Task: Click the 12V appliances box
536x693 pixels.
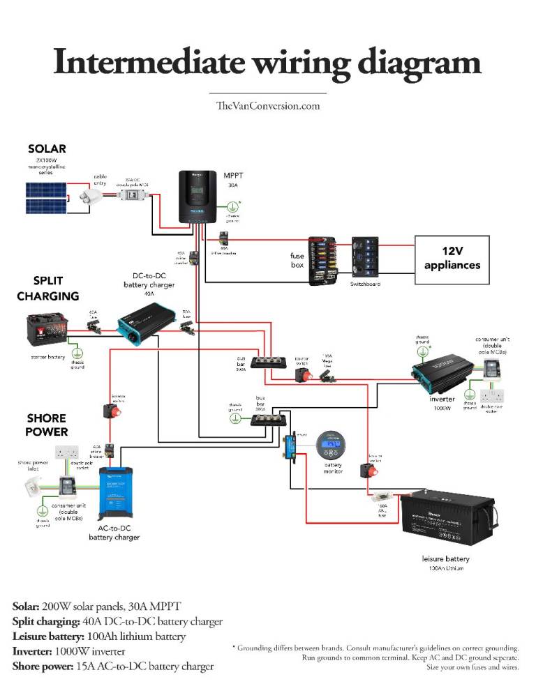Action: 452,259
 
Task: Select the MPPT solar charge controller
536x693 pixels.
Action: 198,197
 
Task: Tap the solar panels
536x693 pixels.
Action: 47,197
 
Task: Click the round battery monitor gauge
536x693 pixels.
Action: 331,445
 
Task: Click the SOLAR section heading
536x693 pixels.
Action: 47,148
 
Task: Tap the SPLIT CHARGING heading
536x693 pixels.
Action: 47,288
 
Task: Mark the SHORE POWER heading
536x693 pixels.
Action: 47,425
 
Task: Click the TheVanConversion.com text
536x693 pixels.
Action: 267,106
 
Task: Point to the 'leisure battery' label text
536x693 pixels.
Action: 446,558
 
